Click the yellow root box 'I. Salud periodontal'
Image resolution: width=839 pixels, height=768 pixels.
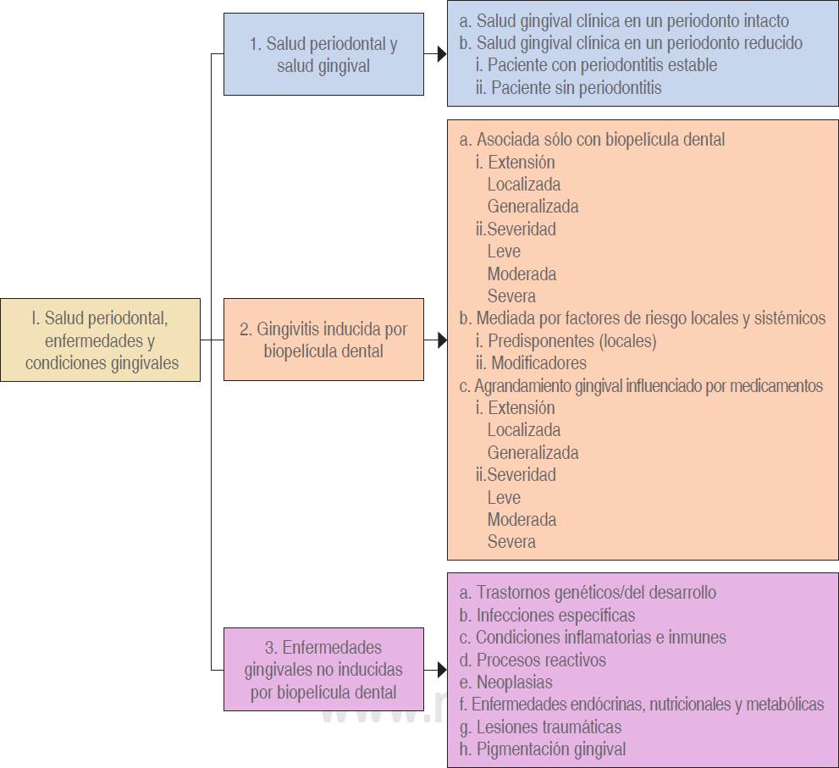pos(101,340)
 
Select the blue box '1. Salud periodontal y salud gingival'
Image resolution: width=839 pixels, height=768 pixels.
pos(323,54)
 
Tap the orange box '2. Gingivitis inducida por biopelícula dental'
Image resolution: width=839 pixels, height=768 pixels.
pos(323,340)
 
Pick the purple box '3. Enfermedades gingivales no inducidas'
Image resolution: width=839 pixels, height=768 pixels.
pos(323,669)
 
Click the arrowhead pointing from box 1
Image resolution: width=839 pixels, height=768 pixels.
pos(440,54)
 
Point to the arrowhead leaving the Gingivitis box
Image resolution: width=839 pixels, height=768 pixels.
pos(440,340)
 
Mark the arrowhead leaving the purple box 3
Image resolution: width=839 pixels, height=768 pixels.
pos(440,670)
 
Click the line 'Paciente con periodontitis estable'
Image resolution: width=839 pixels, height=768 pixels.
pos(596,65)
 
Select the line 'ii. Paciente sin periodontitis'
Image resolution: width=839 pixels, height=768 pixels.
pos(568,87)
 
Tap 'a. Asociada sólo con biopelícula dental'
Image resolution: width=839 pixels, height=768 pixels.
pos(592,140)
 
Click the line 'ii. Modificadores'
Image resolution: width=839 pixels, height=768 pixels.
pos(531,363)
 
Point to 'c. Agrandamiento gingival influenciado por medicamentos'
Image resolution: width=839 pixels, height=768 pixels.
pos(642,386)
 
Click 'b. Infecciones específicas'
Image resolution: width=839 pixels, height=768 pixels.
pos(547,616)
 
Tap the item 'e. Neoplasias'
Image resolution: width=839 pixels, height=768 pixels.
pos(505,682)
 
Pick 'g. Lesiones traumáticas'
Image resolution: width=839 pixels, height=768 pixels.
pos(540,727)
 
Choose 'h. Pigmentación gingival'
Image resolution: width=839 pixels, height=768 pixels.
pos(543,749)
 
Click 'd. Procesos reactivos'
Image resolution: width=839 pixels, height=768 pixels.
pos(533,660)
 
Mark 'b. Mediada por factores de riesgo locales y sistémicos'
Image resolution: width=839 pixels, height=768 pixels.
pos(642,318)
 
